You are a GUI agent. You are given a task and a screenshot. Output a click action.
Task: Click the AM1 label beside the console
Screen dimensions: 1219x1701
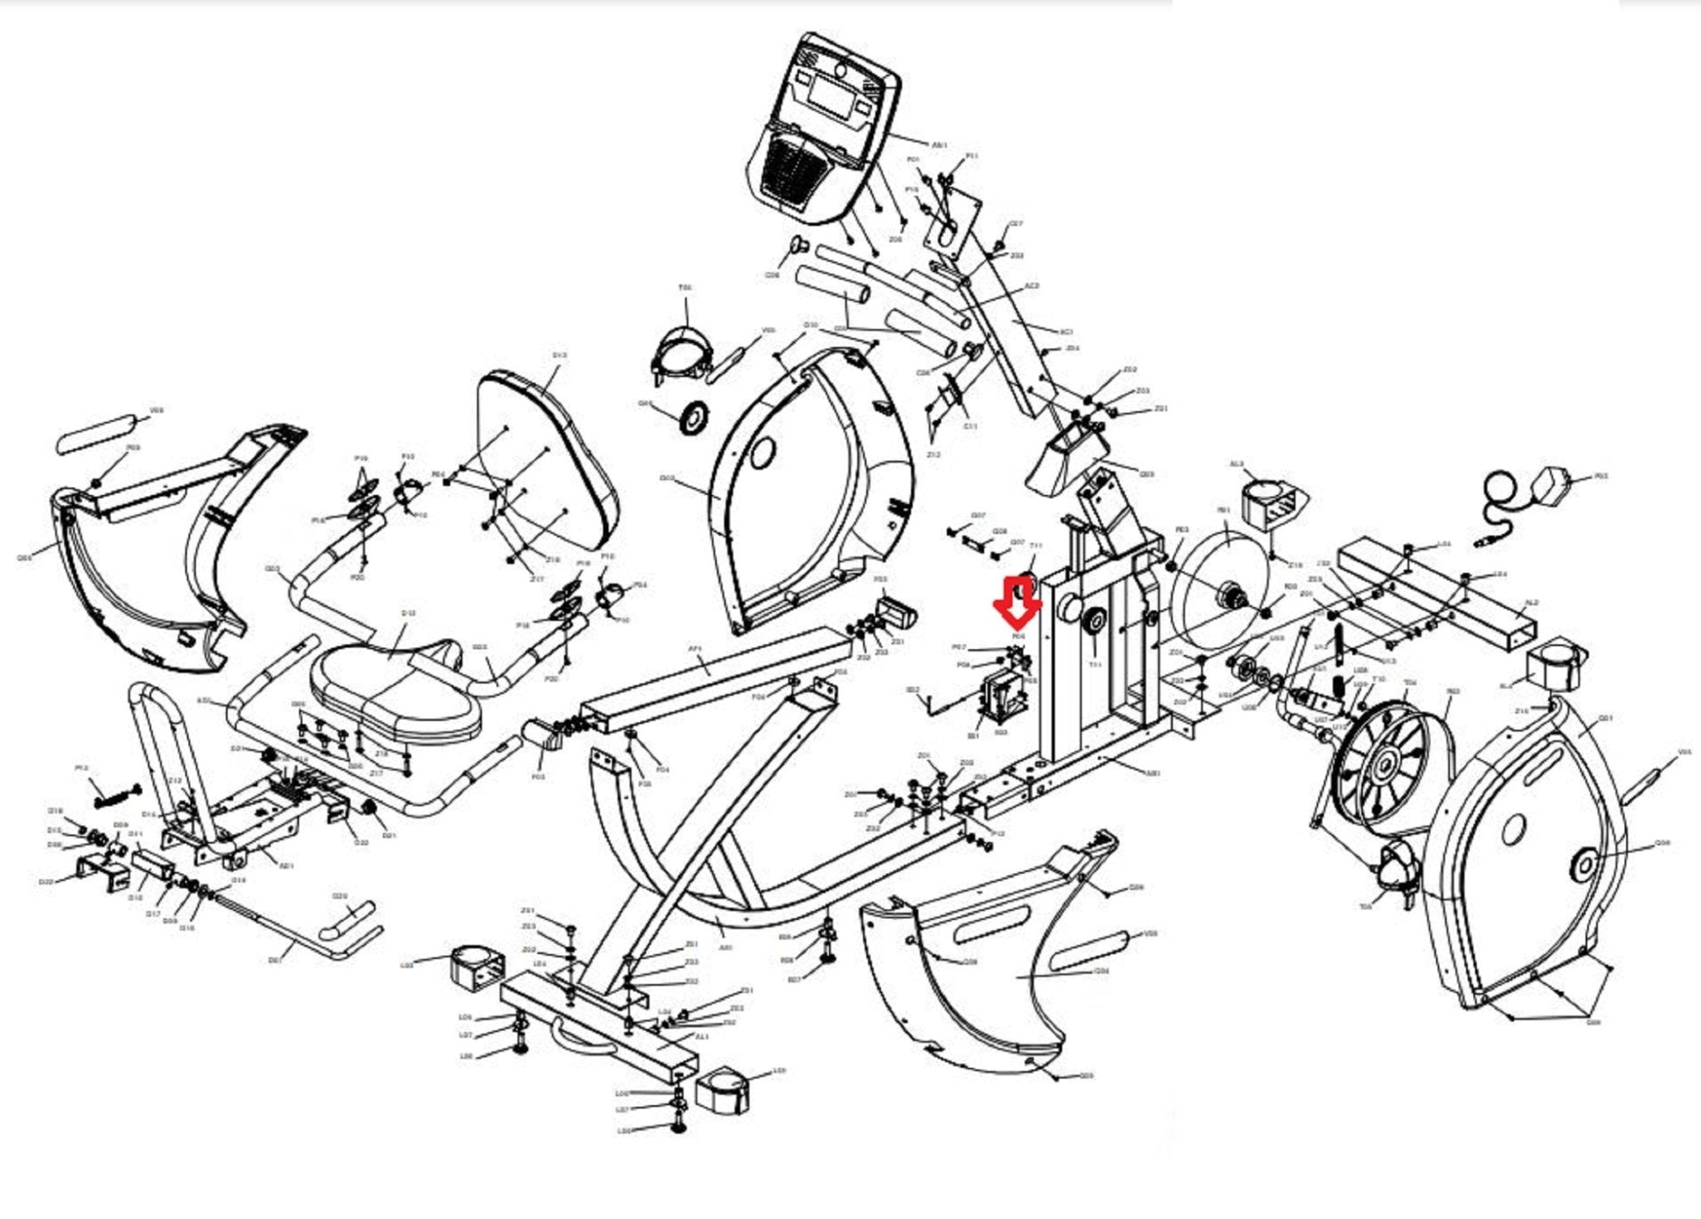[939, 145]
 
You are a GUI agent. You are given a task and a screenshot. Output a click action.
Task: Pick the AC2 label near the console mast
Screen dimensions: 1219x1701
[1032, 286]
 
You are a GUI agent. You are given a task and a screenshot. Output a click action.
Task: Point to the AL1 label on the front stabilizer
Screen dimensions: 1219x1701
[702, 1037]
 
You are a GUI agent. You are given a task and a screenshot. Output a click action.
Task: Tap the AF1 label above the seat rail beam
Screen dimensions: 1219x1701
[696, 649]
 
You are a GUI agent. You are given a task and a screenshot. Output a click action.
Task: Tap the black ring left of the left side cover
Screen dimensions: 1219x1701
[692, 417]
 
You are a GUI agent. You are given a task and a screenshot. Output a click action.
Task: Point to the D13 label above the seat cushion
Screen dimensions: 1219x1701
[408, 613]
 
